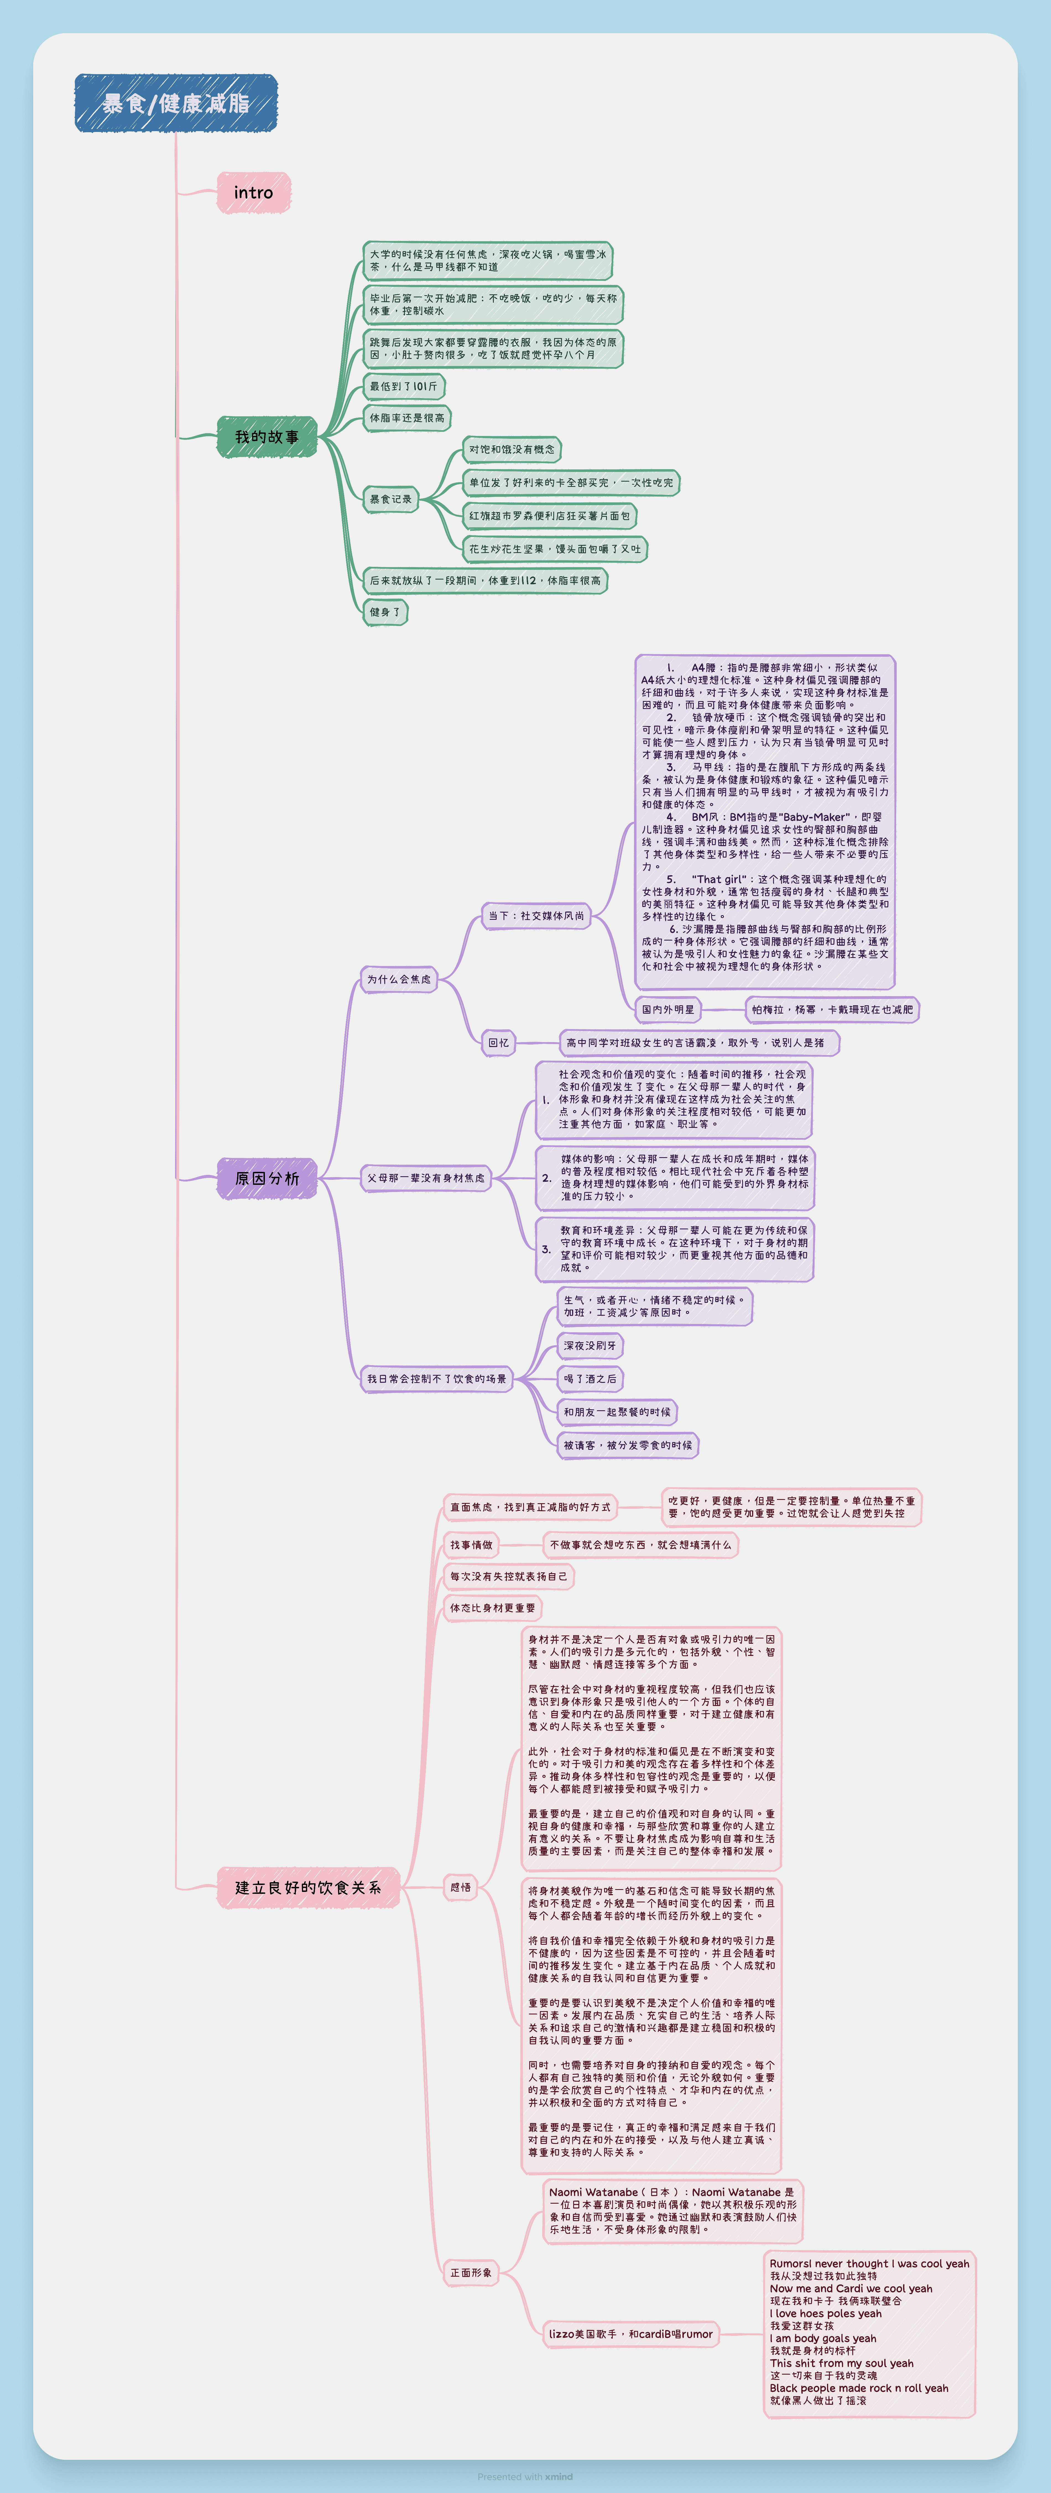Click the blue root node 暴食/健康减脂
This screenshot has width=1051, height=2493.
(176, 103)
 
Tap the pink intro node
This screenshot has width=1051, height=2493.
(254, 193)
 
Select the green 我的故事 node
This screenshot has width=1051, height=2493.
(267, 437)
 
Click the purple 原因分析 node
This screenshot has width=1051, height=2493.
(267, 1178)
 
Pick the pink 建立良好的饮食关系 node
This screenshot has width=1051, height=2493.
(308, 1887)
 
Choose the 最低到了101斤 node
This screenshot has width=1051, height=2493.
(404, 386)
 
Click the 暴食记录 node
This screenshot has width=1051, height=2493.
(391, 499)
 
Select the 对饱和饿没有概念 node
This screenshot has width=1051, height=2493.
(512, 449)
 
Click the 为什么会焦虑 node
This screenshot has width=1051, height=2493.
(399, 979)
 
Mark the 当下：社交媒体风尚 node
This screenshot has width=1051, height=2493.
(536, 916)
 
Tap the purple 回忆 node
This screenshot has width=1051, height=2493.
(498, 1042)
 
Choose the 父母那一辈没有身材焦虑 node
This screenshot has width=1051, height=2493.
(426, 1178)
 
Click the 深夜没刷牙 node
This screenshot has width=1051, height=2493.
(590, 1345)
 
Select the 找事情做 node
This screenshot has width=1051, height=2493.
(471, 1545)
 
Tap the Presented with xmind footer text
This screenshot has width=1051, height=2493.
(525, 2477)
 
